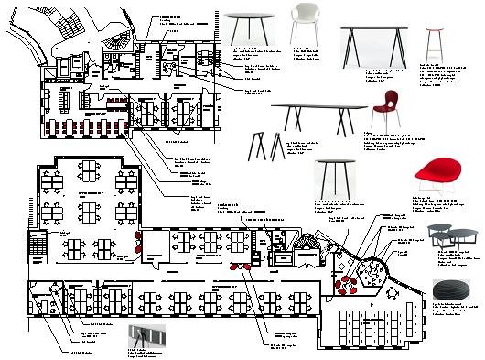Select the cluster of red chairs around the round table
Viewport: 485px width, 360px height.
click(350, 286)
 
